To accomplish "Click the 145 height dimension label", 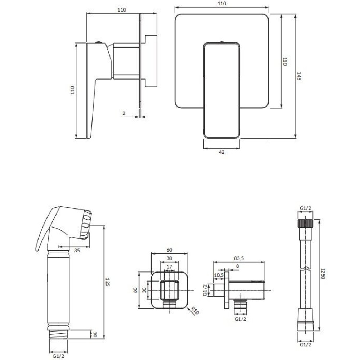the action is (x=299, y=76).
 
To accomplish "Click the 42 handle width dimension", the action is (x=221, y=152).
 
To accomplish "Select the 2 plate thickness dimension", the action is (x=124, y=113).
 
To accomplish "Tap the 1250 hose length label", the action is (x=323, y=274).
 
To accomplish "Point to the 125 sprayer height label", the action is (x=107, y=282).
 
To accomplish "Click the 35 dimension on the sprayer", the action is (x=77, y=251).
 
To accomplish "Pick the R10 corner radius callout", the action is (x=195, y=311).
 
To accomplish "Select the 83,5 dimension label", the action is (x=239, y=258).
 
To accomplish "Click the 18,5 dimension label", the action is (x=219, y=275).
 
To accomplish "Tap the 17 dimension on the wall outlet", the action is (x=169, y=266).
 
